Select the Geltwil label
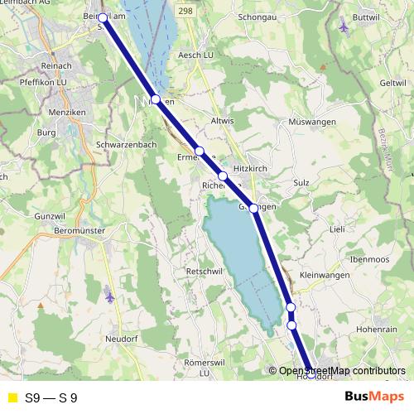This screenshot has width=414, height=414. pyautogui.click(x=392, y=83)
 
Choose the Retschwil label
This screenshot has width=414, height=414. pyautogui.click(x=205, y=271)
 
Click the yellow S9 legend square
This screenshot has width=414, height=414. pyautogui.click(x=12, y=397)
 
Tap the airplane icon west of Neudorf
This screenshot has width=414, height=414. pyautogui.click(x=110, y=294)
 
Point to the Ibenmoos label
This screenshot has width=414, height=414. pyautogui.click(x=369, y=258)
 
